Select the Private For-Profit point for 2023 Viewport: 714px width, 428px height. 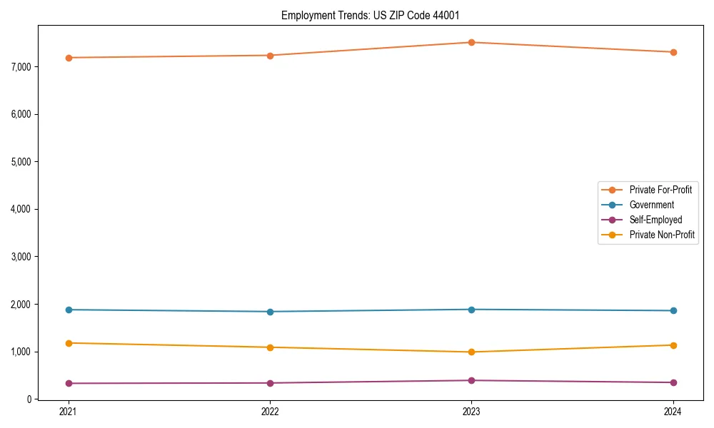[x=472, y=42]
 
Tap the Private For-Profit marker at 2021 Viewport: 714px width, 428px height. [x=69, y=58]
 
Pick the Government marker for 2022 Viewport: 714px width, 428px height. [x=270, y=312]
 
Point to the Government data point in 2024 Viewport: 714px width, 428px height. [x=673, y=310]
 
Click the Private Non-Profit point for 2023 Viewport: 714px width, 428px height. [x=472, y=352]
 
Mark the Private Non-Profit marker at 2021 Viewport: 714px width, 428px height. [x=69, y=343]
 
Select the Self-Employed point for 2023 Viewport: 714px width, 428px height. [x=472, y=380]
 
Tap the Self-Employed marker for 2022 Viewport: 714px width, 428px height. [x=270, y=383]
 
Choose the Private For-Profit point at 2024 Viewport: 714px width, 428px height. [x=673, y=52]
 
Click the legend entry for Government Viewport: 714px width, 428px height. [x=651, y=205]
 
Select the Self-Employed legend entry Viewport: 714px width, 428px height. [x=655, y=220]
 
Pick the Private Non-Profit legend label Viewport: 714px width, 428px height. [x=662, y=235]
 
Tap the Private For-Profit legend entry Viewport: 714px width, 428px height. [x=660, y=190]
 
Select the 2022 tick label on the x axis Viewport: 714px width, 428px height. [x=270, y=412]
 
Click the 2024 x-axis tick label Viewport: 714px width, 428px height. [x=673, y=412]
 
